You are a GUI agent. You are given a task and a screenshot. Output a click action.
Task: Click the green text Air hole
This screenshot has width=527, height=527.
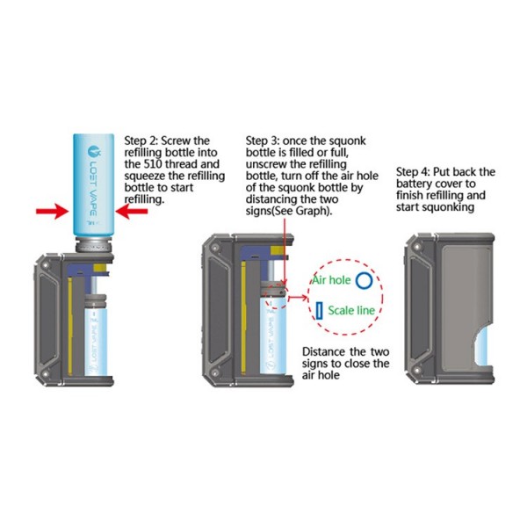click(x=332, y=281)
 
